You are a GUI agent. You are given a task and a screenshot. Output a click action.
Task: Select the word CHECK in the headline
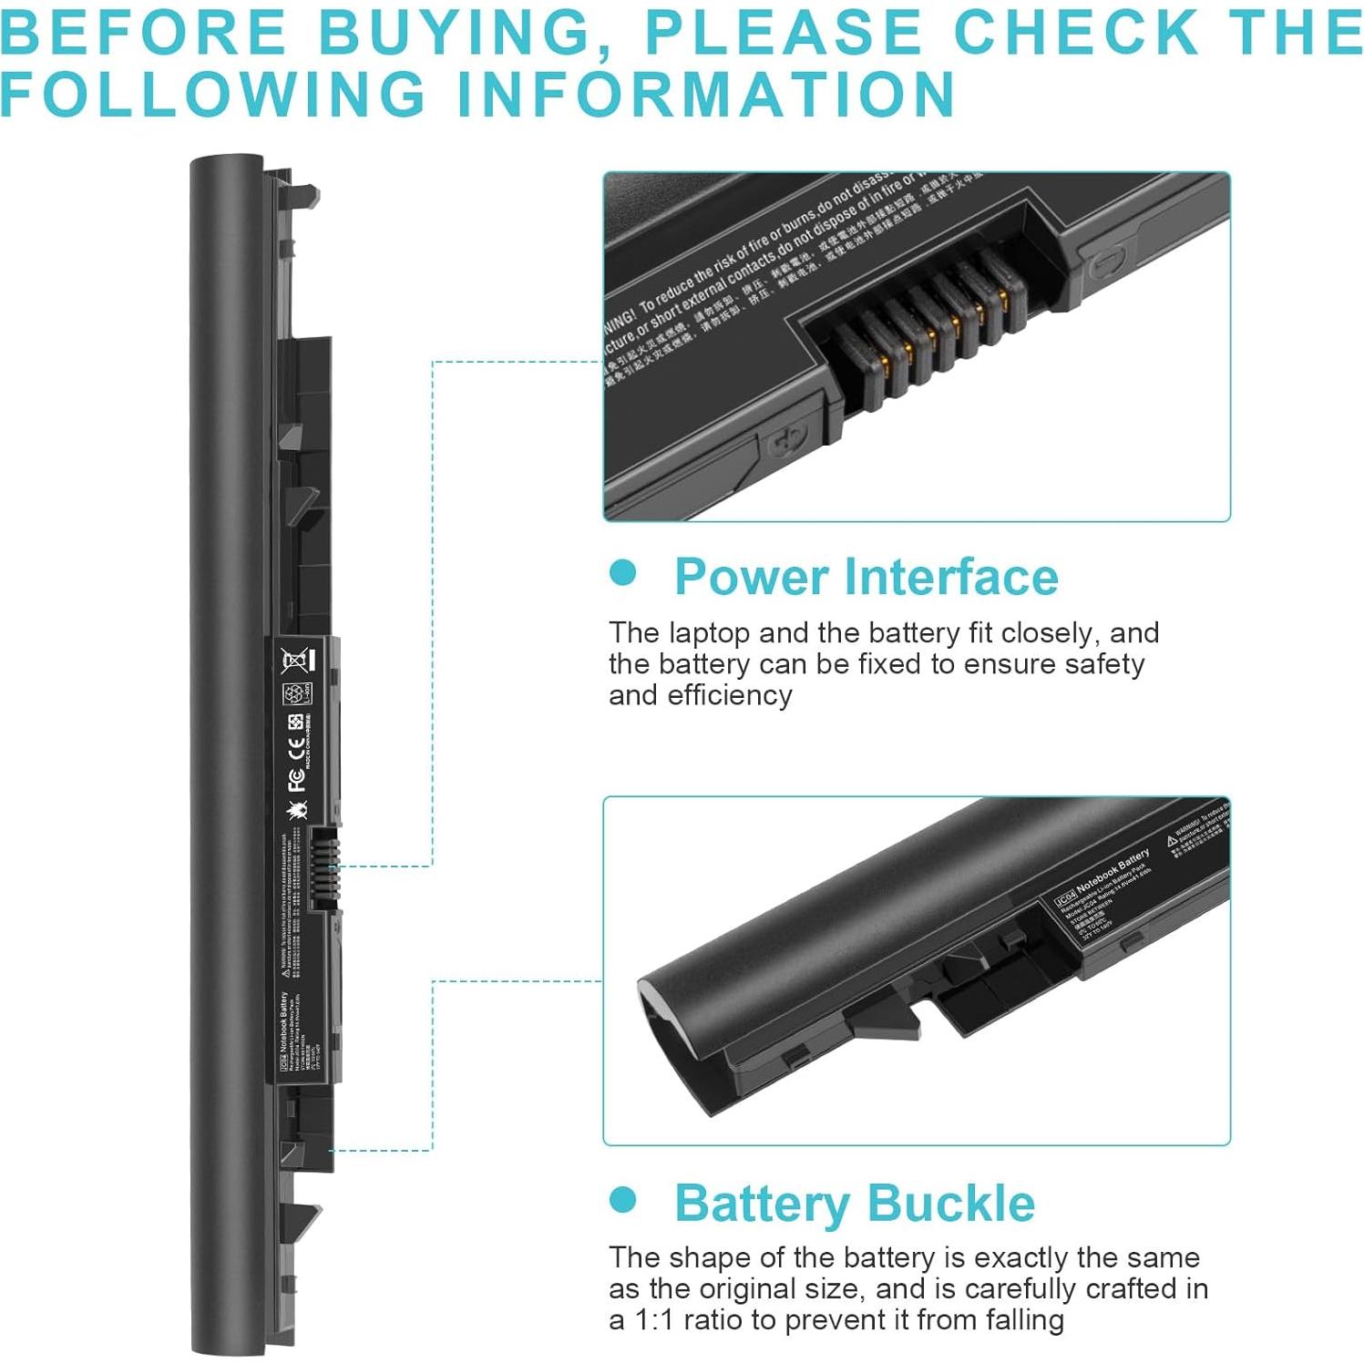(x=1075, y=33)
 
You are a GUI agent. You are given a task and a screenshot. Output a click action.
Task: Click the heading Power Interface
(x=866, y=577)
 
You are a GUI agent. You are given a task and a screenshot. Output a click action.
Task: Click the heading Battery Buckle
(x=854, y=1203)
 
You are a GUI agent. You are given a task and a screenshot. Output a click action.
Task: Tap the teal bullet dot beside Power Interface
(x=623, y=573)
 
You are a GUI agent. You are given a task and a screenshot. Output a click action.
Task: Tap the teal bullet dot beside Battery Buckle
(x=623, y=1199)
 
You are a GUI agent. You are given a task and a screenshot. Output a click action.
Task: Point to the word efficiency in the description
(x=730, y=695)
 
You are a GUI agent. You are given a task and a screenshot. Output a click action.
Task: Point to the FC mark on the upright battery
(x=296, y=779)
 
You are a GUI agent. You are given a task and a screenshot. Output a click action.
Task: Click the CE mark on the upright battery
(x=296, y=748)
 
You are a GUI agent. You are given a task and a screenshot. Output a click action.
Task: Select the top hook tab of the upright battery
(x=304, y=193)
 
